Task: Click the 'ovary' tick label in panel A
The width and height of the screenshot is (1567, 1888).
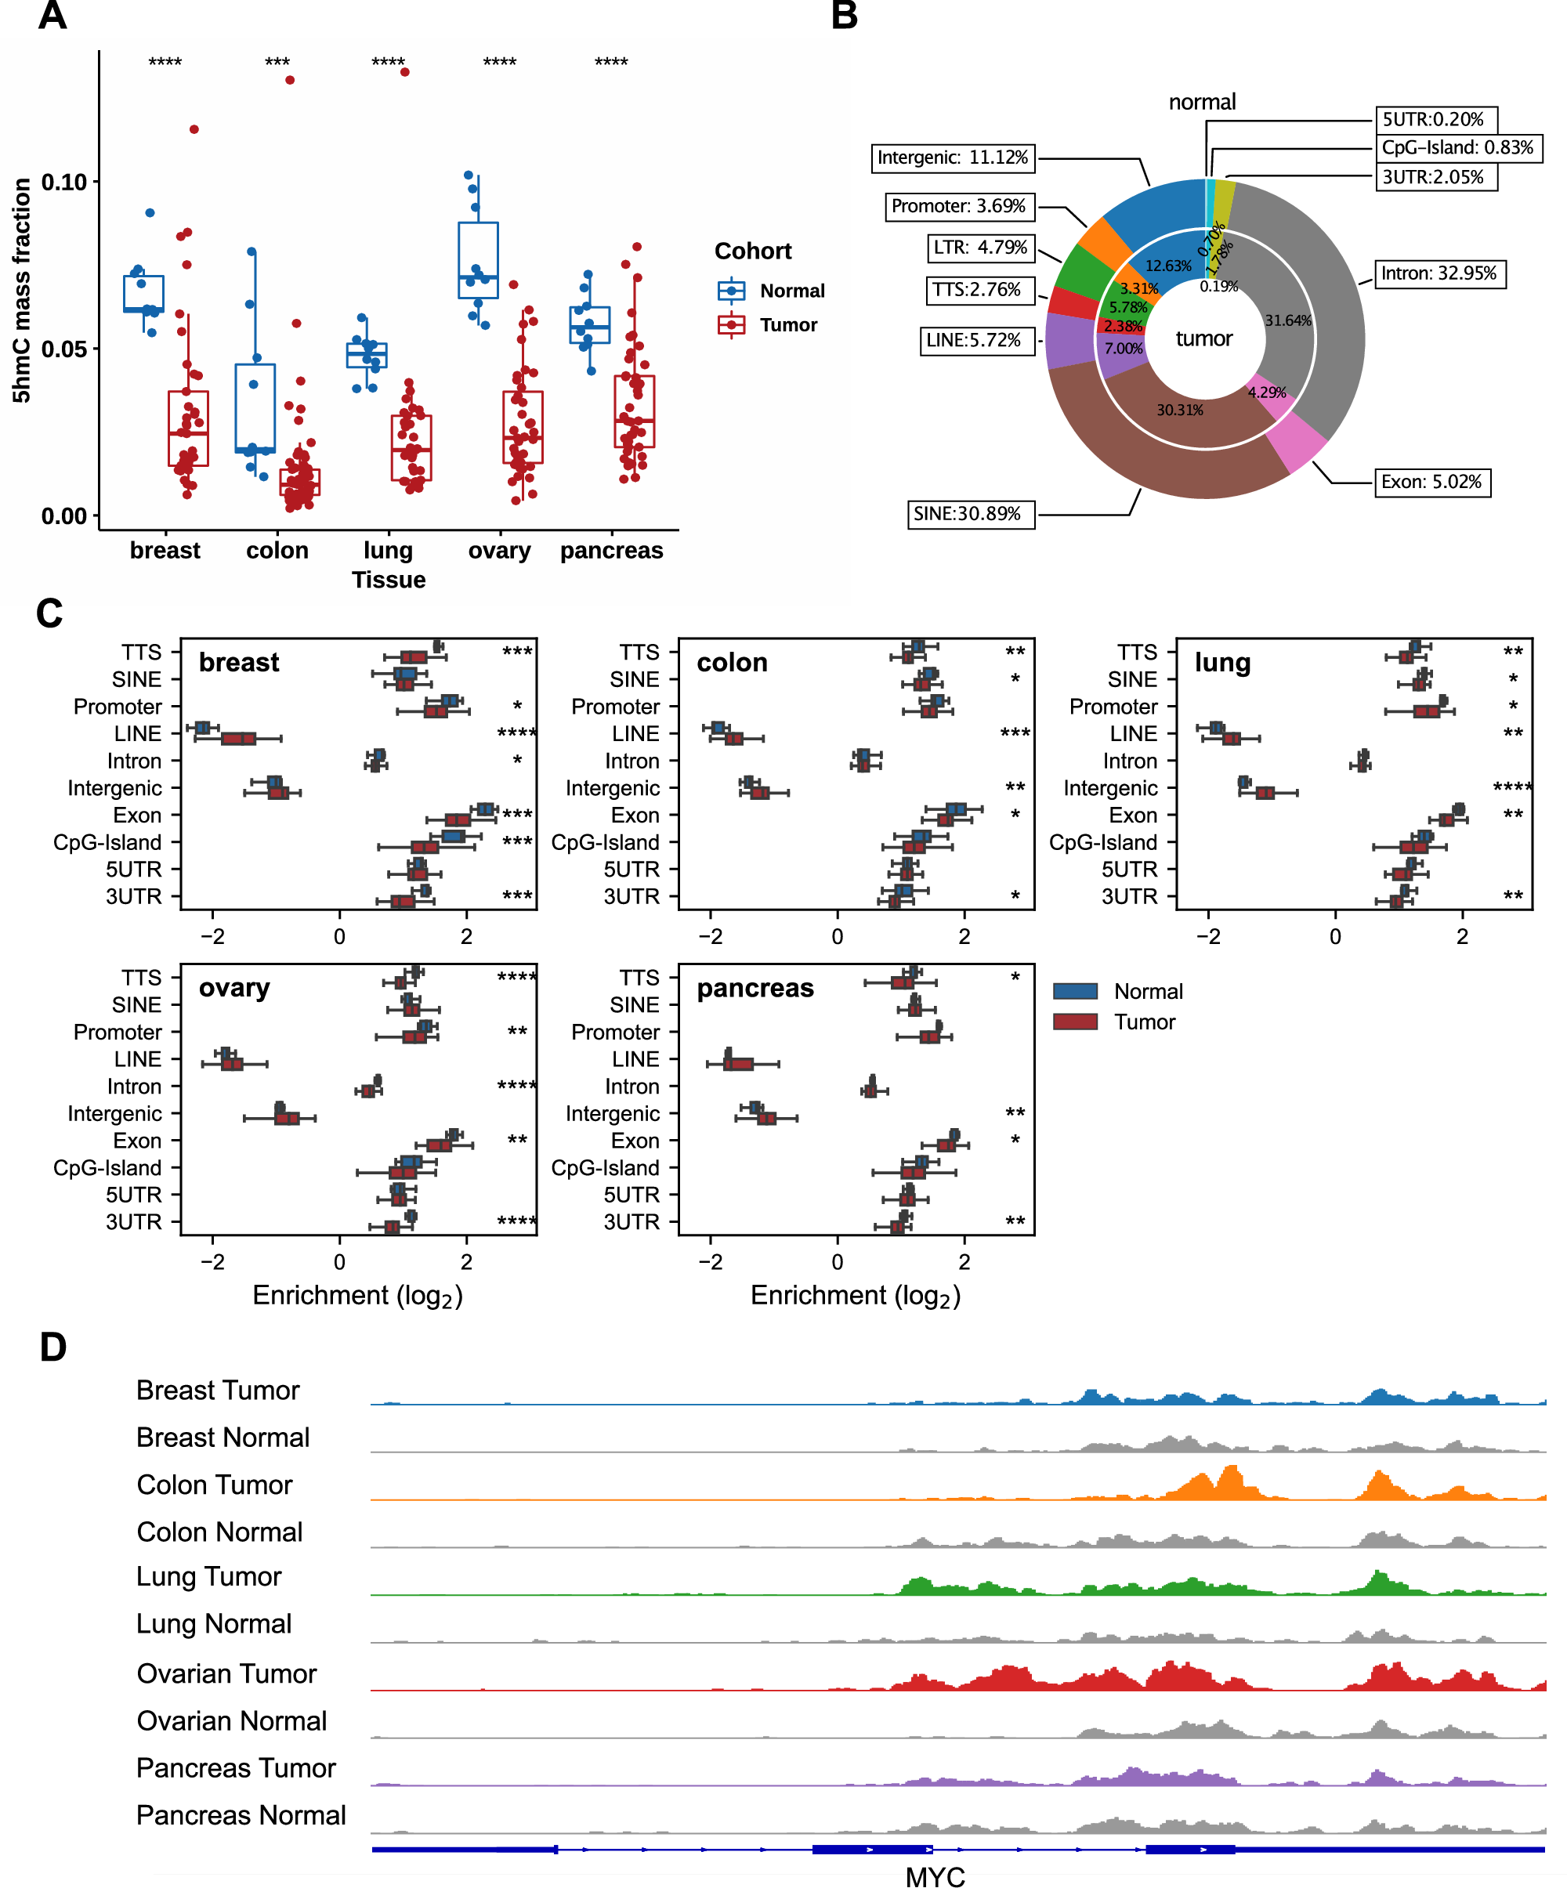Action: [499, 550]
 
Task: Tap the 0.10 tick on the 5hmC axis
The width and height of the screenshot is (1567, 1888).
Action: [65, 183]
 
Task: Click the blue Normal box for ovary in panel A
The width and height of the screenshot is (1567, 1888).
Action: [478, 260]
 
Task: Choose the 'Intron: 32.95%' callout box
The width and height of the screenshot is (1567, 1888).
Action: [1438, 273]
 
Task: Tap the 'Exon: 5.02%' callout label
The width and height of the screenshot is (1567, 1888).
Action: [1431, 482]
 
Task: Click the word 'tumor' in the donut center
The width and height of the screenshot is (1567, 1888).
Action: [1203, 339]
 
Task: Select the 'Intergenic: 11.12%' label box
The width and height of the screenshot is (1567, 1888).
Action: [953, 157]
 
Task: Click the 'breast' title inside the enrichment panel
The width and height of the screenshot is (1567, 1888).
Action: [238, 663]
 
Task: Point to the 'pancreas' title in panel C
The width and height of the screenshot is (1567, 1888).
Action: [755, 988]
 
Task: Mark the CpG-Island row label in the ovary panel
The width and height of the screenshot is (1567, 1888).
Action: [108, 1168]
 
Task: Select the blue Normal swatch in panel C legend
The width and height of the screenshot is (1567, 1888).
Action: [1075, 991]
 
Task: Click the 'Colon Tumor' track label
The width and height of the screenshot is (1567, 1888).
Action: [215, 1485]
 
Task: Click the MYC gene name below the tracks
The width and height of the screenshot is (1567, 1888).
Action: [935, 1875]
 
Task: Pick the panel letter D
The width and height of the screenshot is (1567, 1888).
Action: [53, 1347]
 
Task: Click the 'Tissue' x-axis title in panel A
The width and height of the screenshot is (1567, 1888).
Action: [389, 580]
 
